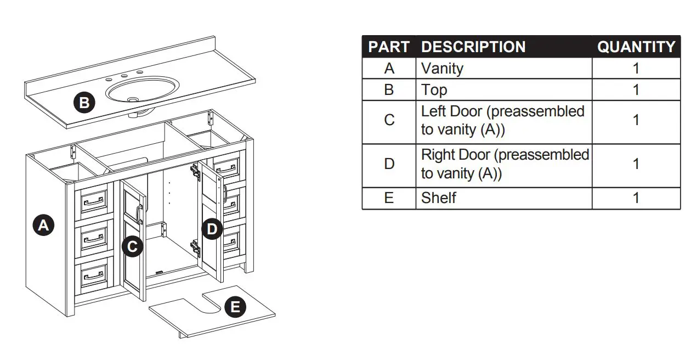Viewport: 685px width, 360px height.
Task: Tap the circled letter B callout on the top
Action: click(x=84, y=103)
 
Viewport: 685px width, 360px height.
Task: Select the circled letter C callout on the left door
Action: click(x=132, y=247)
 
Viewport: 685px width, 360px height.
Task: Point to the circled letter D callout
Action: click(x=212, y=229)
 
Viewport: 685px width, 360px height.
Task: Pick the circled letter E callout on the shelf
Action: click(x=235, y=307)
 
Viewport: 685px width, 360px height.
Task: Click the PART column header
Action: click(x=389, y=47)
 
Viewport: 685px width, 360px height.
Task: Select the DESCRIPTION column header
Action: click(x=473, y=47)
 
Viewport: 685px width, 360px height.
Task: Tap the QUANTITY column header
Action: click(x=636, y=47)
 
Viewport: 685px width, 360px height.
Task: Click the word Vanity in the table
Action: click(x=442, y=69)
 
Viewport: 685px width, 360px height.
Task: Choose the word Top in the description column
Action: click(x=434, y=89)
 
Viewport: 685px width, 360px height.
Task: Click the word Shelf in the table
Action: click(x=438, y=198)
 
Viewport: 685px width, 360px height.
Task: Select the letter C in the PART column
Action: click(x=389, y=120)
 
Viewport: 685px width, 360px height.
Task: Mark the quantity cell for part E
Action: click(x=636, y=198)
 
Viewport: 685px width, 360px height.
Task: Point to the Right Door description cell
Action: click(x=504, y=164)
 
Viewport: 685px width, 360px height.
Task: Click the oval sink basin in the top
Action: click(x=143, y=90)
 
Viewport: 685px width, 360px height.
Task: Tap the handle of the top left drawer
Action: click(x=92, y=203)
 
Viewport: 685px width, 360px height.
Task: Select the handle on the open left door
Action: click(x=140, y=214)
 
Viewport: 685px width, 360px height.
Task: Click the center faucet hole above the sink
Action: click(x=124, y=76)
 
